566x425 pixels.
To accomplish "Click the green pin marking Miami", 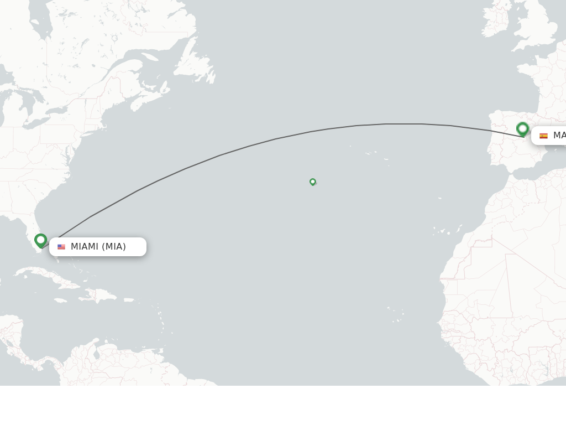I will (40, 240).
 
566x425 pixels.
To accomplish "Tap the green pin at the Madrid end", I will (522, 128).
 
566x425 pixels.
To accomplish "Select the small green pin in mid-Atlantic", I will (313, 182).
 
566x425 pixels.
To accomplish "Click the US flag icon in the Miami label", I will (61, 247).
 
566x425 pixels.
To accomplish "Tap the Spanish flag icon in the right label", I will (543, 136).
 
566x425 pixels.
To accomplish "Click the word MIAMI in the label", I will (85, 247).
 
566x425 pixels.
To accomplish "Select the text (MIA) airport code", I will (114, 247).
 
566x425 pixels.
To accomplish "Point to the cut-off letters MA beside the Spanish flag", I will (559, 136).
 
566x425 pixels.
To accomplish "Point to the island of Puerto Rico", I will (128, 300).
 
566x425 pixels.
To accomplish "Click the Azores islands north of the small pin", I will (370, 153).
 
